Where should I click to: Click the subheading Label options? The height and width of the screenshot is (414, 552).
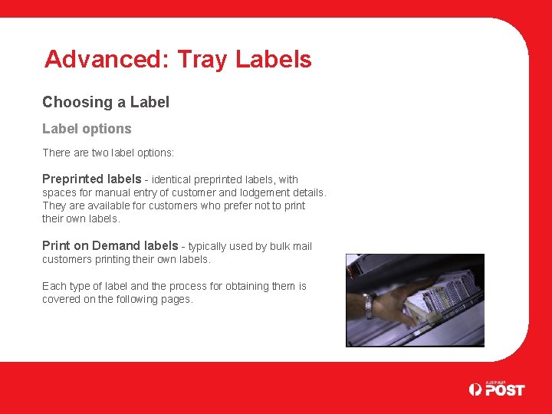pyautogui.click(x=87, y=129)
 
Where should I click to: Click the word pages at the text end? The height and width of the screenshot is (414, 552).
pyautogui.click(x=176, y=299)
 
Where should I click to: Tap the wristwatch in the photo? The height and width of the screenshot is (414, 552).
pyautogui.click(x=368, y=304)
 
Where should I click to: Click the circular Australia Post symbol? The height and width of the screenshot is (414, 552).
pyautogui.click(x=476, y=389)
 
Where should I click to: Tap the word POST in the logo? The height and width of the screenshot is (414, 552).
pyautogui.click(x=504, y=389)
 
